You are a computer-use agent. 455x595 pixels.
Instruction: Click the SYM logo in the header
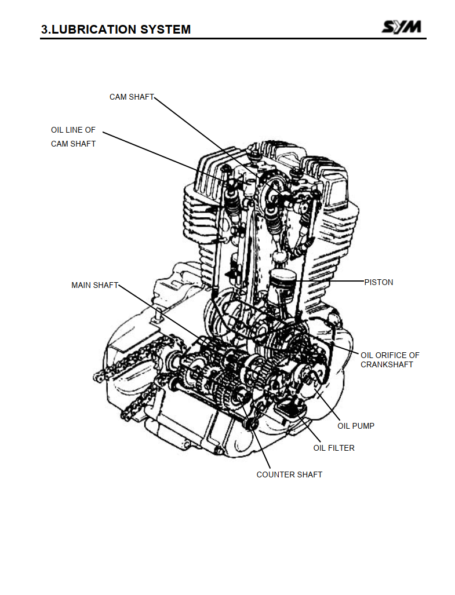pos(402,27)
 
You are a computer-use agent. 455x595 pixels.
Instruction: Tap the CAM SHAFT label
pos(132,97)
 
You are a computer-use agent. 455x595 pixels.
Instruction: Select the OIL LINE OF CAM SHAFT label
pos(73,137)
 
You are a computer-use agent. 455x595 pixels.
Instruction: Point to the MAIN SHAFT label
pos(95,285)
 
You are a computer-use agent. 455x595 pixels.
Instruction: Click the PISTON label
pos(378,282)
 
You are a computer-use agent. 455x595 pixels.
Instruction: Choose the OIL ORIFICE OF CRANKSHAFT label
pos(390,360)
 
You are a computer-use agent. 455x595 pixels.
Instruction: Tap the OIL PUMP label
pos(356,426)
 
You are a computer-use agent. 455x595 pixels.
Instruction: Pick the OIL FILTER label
pos(334,448)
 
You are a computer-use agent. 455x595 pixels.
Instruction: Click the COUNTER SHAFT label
pos(289,474)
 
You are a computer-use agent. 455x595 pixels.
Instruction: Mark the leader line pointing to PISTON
pos(329,281)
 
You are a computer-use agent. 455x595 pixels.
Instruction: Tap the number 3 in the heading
pos(44,29)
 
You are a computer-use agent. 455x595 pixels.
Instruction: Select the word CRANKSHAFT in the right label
pos(387,364)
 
